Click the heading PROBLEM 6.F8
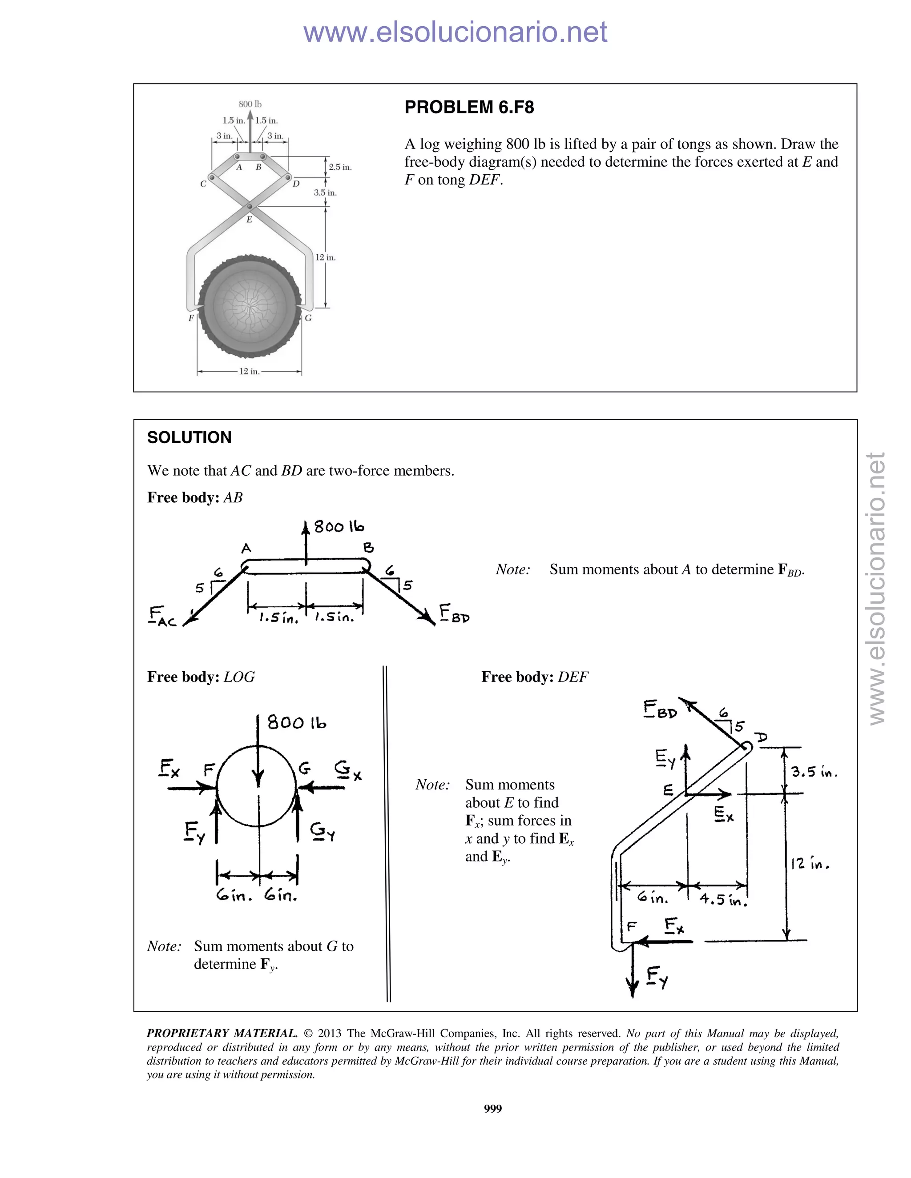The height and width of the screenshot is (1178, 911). pos(469,107)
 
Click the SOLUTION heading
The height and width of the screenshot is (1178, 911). pos(189,437)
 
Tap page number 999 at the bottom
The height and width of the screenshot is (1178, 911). pos(493,1108)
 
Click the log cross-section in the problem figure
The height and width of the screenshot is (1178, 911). pos(250,306)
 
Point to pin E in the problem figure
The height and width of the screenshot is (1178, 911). pos(250,207)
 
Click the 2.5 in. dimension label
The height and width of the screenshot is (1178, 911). pos(340,167)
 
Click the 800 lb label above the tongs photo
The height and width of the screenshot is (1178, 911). pos(250,104)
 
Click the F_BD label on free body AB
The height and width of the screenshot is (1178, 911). pos(453,614)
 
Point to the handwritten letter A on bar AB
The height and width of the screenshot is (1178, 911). pos(246,549)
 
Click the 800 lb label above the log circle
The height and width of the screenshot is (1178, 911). pos(296,722)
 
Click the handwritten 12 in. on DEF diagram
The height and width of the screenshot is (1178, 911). pos(810,864)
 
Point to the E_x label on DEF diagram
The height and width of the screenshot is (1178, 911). pos(724,814)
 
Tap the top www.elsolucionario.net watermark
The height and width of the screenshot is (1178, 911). pos(455,32)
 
